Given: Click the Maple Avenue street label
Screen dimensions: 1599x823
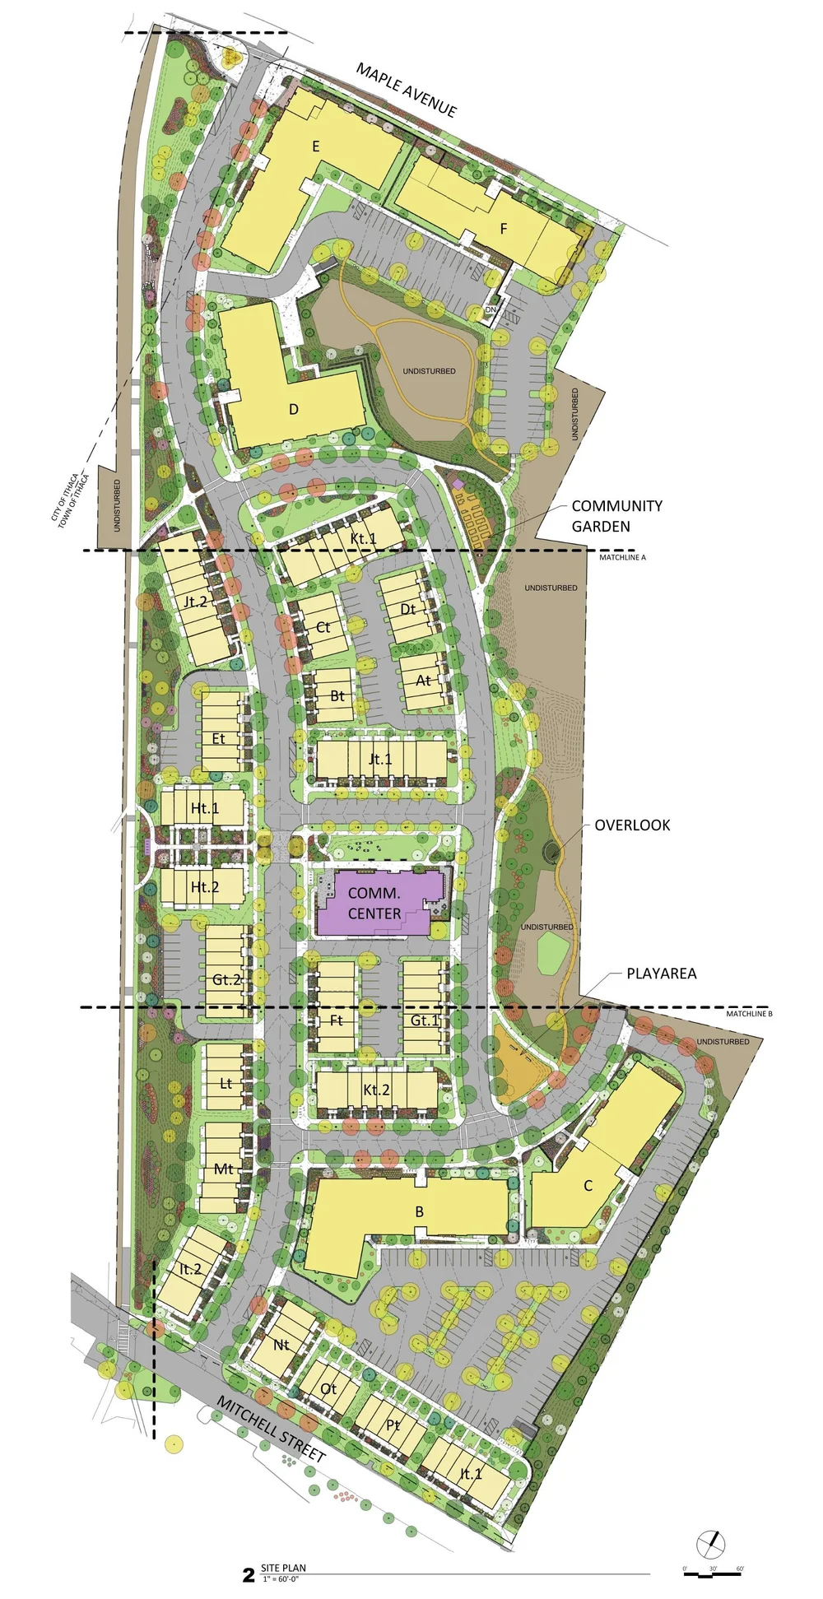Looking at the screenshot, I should (x=406, y=90).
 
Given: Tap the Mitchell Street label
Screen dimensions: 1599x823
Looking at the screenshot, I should (x=271, y=1429).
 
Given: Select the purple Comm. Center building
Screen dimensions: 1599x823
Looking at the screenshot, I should (x=375, y=904).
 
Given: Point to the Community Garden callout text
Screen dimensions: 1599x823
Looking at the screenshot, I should (x=616, y=516).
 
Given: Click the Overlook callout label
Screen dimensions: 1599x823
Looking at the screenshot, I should (x=632, y=825).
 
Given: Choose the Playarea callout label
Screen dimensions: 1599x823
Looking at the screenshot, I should (x=661, y=974).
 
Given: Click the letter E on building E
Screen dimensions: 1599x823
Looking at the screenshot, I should (x=315, y=146).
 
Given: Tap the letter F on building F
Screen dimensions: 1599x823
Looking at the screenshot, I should (x=504, y=229).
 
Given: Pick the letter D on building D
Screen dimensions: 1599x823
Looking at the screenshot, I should (x=294, y=409).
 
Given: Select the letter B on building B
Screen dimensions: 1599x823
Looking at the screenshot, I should (x=420, y=1211).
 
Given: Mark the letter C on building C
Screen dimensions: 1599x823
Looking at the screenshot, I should (x=588, y=1186).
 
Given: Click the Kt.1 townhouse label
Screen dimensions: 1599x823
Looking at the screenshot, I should (x=363, y=538).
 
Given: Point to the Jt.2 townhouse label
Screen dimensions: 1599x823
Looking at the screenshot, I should (x=195, y=602).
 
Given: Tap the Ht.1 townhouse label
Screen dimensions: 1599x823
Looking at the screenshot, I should (x=205, y=808).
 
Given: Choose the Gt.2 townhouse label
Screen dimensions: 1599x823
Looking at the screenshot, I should (x=226, y=979).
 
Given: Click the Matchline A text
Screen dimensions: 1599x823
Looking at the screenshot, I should (x=622, y=558).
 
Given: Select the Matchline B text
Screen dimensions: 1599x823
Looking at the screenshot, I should (x=749, y=1014).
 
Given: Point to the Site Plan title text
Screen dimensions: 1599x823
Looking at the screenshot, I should (x=283, y=1568).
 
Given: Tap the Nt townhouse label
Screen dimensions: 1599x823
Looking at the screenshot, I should (x=281, y=1345).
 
